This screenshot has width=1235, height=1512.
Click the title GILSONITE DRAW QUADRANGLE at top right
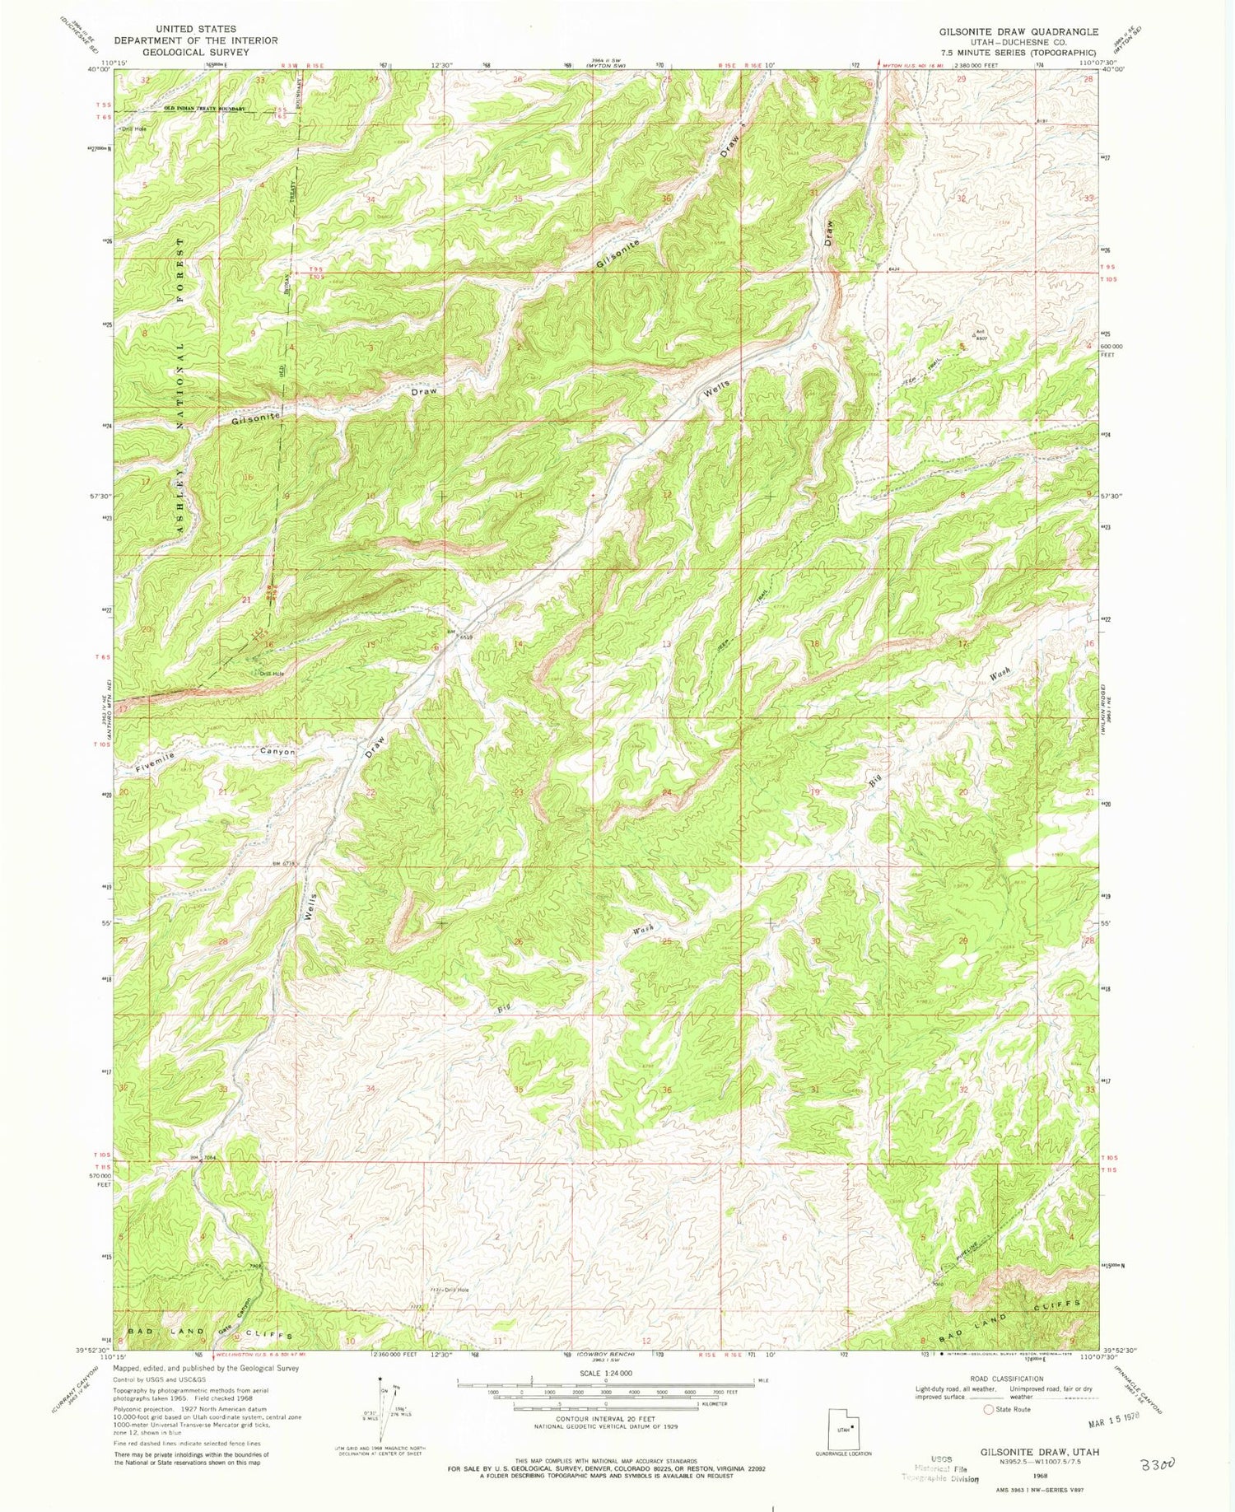(x=1018, y=31)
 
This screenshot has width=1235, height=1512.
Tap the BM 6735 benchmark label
(x=282, y=864)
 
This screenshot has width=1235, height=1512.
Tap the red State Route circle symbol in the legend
(x=988, y=1409)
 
